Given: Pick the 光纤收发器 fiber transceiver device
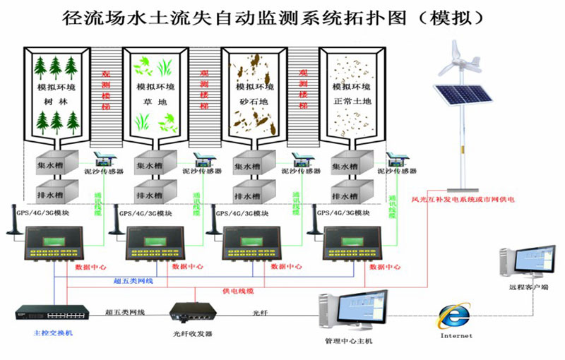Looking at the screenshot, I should tap(191, 311).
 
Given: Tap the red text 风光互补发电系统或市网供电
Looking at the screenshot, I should tap(463, 200).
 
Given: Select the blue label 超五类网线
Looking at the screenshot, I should tap(133, 281).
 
